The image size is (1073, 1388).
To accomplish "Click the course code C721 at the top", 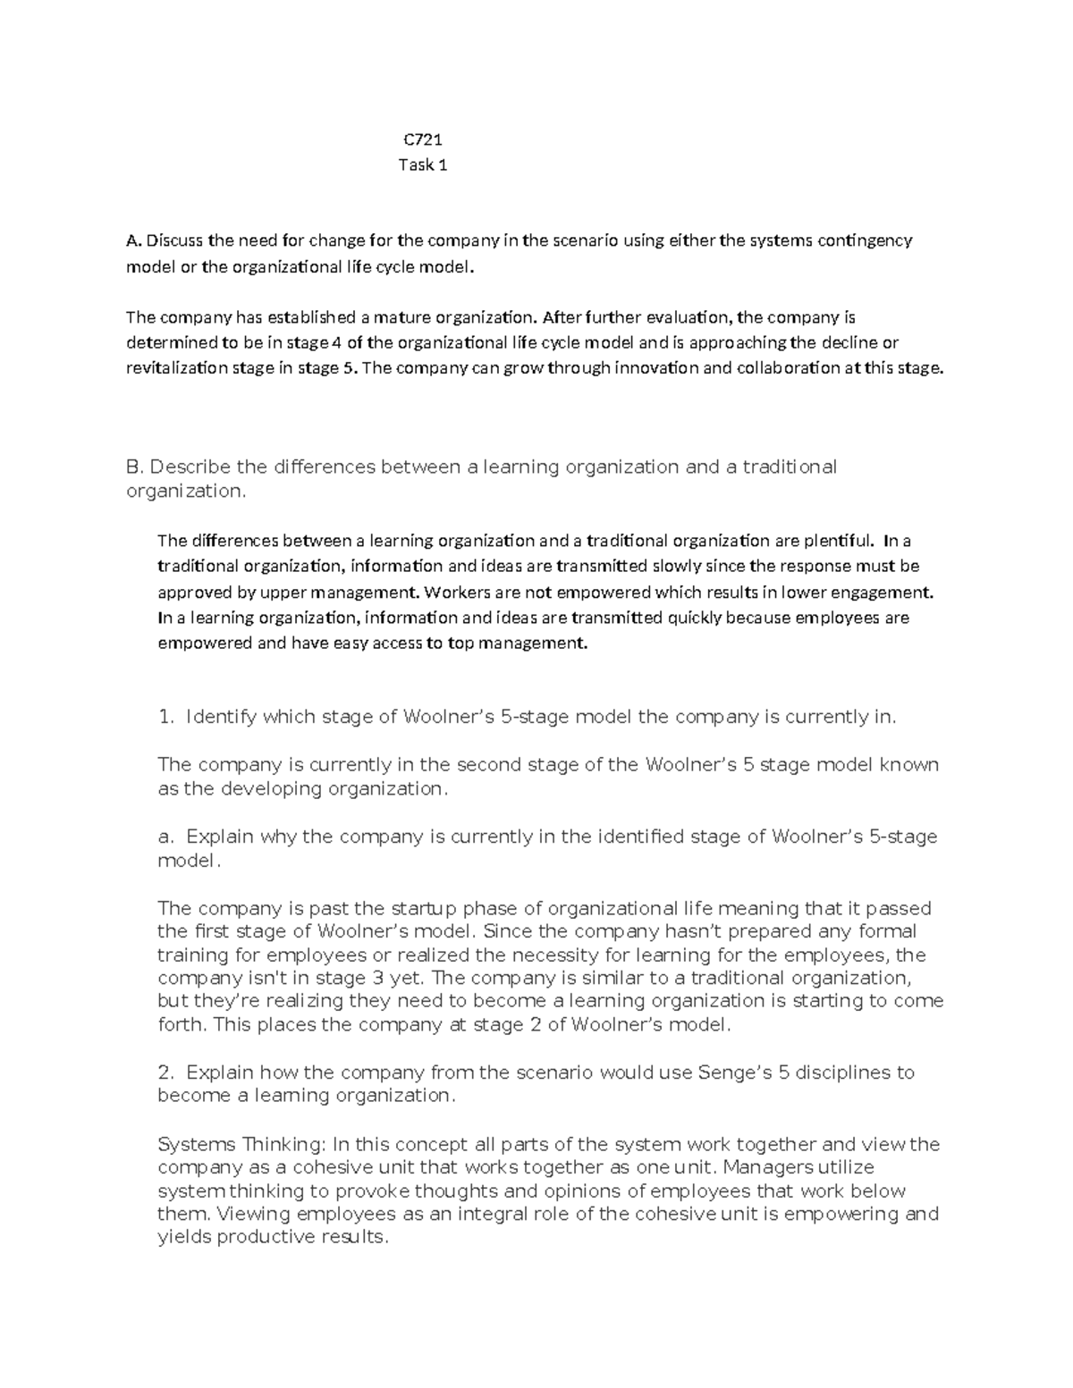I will click(422, 139).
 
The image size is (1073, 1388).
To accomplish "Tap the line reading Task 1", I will click(422, 164).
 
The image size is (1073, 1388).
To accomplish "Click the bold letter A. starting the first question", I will click(134, 240).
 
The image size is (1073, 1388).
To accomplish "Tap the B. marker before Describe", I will click(135, 467).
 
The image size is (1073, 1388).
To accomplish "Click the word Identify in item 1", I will click(221, 717).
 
